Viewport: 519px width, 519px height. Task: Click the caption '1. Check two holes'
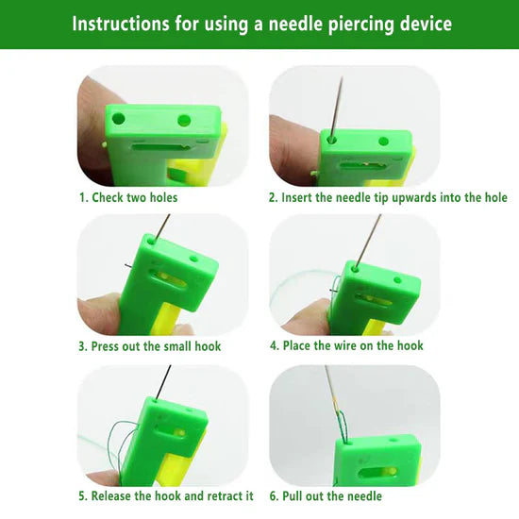point(127,197)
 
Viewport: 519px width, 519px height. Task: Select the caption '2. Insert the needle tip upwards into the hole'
point(388,197)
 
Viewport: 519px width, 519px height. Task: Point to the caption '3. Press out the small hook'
point(149,346)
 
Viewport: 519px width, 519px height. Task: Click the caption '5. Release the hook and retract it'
point(165,495)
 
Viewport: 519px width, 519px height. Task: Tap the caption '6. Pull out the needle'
point(326,495)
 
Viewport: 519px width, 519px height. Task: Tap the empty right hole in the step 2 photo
point(383,140)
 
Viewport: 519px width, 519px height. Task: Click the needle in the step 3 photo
point(163,226)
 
